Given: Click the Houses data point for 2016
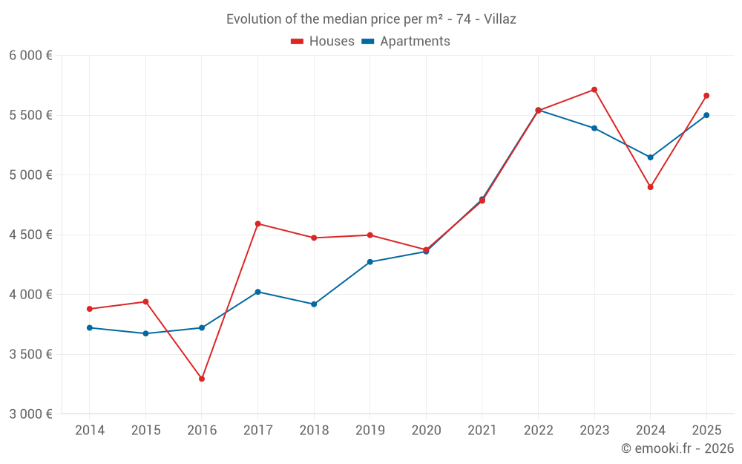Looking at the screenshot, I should pyautogui.click(x=202, y=379).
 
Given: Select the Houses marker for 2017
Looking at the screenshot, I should pyautogui.click(x=257, y=223).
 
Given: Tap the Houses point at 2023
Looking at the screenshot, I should pyautogui.click(x=594, y=90).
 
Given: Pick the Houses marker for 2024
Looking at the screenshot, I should pyautogui.click(x=651, y=187).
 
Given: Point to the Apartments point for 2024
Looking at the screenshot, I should pyautogui.click(x=651, y=157).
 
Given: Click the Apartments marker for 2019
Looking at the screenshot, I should pyautogui.click(x=370, y=262).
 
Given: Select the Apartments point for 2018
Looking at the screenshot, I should pyautogui.click(x=314, y=304).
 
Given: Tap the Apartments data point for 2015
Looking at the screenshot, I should pyautogui.click(x=145, y=333).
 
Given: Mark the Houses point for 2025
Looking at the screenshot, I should pyautogui.click(x=706, y=96).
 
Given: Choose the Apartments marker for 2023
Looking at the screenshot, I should pyautogui.click(x=594, y=128).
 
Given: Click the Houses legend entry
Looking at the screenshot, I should pyautogui.click(x=323, y=42).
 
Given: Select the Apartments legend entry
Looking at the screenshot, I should pyautogui.click(x=406, y=42).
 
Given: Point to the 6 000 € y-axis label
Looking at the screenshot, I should pyautogui.click(x=30, y=56).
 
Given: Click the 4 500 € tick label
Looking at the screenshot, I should pyautogui.click(x=30, y=235).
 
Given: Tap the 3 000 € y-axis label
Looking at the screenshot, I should pyautogui.click(x=30, y=414).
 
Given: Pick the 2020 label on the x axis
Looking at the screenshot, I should pyautogui.click(x=426, y=431).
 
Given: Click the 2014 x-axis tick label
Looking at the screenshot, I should pyautogui.click(x=90, y=431).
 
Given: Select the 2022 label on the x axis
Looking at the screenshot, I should pyautogui.click(x=538, y=431).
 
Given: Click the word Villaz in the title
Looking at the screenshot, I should pyautogui.click(x=499, y=19).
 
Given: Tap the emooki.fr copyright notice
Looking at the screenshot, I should pyautogui.click(x=677, y=448).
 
